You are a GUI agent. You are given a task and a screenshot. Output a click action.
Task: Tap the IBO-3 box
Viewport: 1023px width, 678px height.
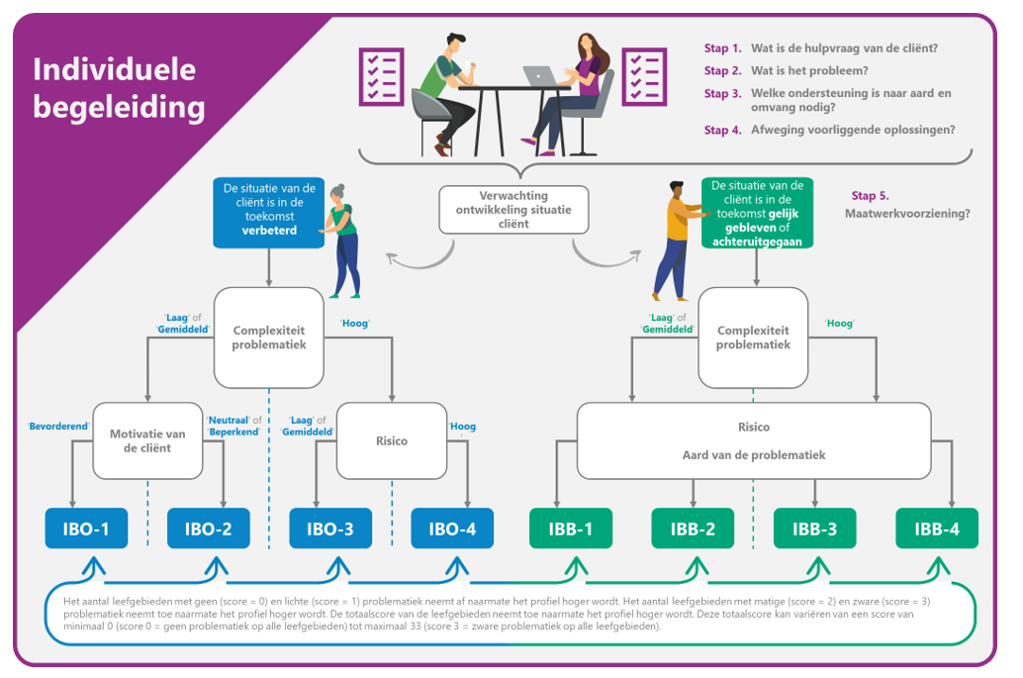(329, 529)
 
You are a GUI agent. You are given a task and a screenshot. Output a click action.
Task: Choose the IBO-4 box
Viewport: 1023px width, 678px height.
(451, 529)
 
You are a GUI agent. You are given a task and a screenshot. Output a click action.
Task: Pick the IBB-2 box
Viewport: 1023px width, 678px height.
(693, 529)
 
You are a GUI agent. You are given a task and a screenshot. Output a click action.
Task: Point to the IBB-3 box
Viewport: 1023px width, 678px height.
(814, 529)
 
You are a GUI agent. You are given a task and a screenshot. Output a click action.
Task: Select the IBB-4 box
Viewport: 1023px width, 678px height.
(936, 529)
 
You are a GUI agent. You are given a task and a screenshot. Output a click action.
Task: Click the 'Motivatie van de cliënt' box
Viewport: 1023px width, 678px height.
(147, 440)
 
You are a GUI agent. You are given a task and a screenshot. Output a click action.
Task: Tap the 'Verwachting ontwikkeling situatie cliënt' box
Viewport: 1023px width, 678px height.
(513, 210)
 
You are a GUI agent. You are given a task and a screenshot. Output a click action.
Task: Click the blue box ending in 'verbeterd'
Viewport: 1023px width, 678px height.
(269, 212)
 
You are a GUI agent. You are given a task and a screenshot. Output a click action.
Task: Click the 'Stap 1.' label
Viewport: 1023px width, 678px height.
(722, 48)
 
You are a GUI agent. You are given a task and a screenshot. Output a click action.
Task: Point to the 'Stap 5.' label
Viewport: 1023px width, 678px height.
(870, 196)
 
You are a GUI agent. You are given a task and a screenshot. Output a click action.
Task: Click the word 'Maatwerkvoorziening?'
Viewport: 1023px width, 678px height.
(907, 213)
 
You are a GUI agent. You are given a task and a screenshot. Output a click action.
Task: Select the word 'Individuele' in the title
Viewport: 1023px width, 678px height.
(114, 69)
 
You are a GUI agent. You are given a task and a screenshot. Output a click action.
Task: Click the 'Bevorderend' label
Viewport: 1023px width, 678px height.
(56, 427)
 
